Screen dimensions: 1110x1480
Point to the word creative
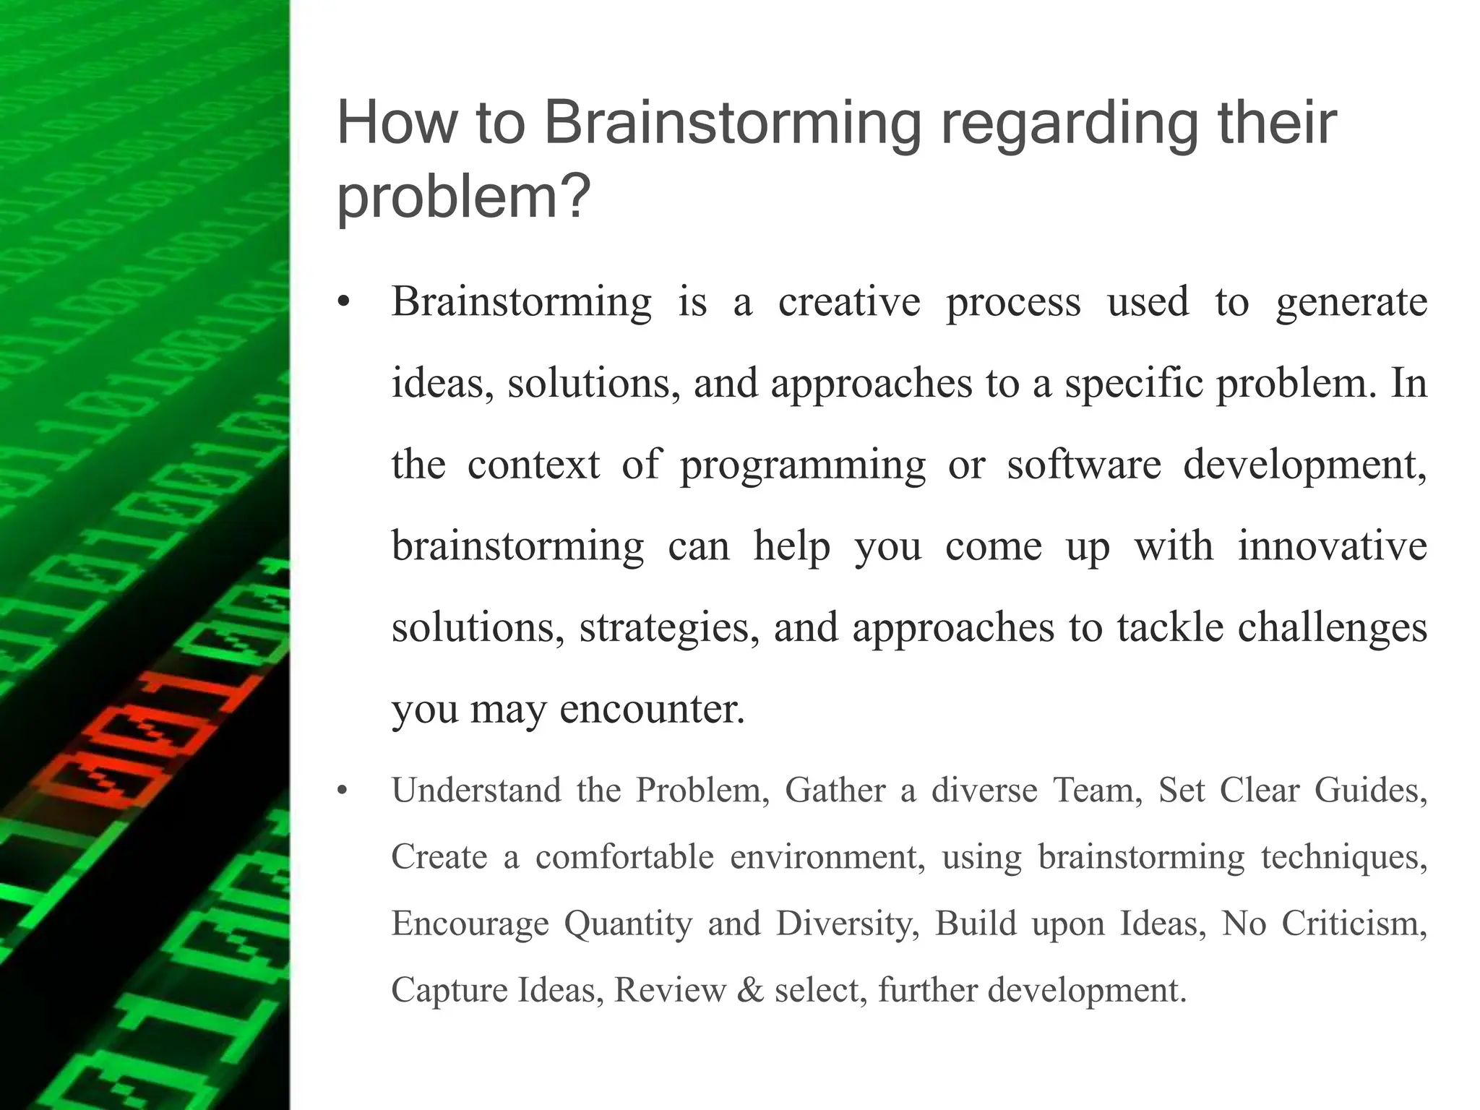[848, 302]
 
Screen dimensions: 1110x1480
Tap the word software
[1083, 464]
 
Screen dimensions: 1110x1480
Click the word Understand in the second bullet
[476, 790]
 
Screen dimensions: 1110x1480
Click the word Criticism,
[1354, 924]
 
